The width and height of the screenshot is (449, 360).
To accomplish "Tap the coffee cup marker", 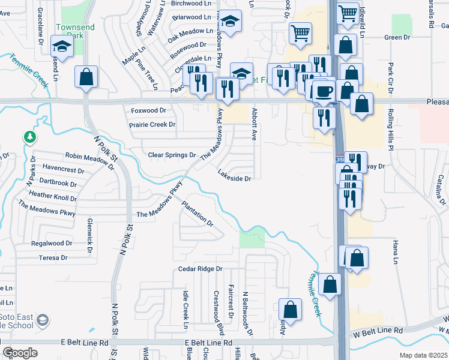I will [x=324, y=92].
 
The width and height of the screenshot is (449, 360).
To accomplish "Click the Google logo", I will [x=20, y=352].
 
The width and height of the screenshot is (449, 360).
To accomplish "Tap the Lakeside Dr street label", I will [x=234, y=178].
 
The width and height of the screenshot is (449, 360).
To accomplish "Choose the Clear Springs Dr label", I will [x=172, y=155].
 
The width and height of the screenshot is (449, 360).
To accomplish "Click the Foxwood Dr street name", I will [x=148, y=110].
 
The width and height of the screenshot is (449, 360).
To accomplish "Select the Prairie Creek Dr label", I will [x=152, y=125].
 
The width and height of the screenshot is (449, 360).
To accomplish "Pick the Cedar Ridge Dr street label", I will [x=200, y=269].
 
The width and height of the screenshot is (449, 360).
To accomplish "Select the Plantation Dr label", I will [x=197, y=213].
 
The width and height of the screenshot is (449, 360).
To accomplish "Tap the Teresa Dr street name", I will [x=53, y=257].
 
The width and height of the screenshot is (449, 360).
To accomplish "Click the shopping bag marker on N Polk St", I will [x=86, y=76].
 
